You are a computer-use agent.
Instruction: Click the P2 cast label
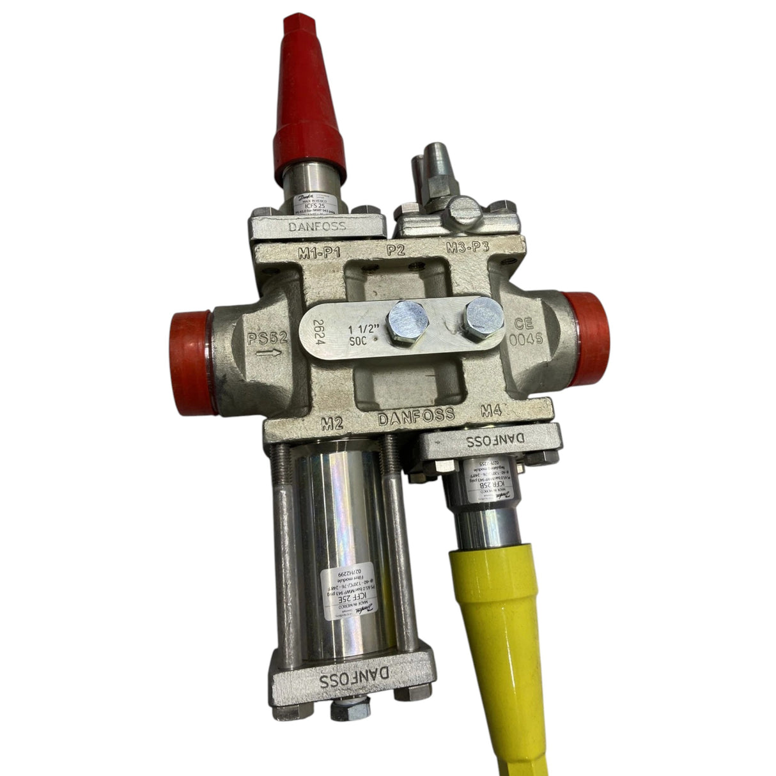pyautogui.click(x=397, y=250)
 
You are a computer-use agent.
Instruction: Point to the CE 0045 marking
pyautogui.click(x=528, y=332)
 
